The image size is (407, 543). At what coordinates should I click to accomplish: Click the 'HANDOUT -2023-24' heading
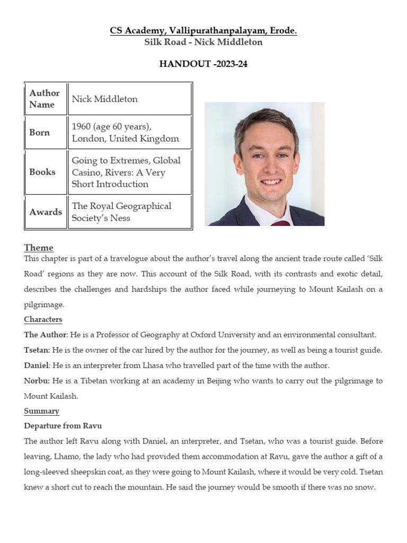click(x=203, y=64)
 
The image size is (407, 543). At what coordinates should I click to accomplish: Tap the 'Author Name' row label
click(x=45, y=99)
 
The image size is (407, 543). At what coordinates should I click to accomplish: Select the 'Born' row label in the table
click(x=40, y=133)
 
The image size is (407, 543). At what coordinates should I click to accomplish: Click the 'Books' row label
click(x=42, y=172)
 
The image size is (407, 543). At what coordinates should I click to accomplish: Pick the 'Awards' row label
click(x=46, y=212)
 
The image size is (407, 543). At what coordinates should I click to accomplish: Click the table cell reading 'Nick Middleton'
click(x=104, y=99)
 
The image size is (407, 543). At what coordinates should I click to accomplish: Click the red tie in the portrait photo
click(x=280, y=223)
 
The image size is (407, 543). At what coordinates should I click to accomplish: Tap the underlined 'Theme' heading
click(x=39, y=248)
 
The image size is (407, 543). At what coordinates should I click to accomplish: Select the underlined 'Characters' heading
click(x=43, y=319)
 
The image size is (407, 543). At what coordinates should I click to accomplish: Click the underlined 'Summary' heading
click(x=41, y=411)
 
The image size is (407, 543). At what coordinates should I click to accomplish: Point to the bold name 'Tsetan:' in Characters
click(x=37, y=350)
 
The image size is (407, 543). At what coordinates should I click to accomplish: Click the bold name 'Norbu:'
click(x=37, y=381)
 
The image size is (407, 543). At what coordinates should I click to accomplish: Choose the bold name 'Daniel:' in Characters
click(x=37, y=365)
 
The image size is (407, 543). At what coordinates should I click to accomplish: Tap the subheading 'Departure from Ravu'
click(x=63, y=426)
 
